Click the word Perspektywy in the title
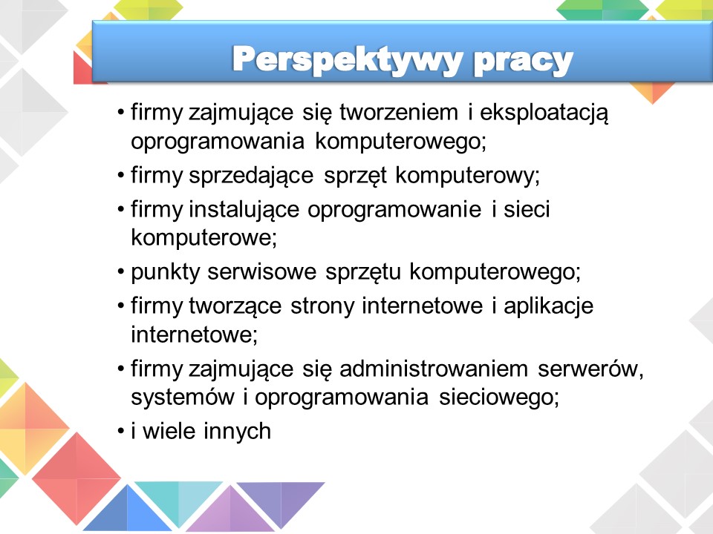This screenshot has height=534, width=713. [347, 60]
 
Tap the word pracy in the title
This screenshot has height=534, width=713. [523, 62]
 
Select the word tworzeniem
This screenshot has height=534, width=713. [399, 112]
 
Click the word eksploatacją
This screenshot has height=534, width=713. [544, 113]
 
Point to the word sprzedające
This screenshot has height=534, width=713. [251, 177]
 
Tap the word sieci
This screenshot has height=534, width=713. [527, 209]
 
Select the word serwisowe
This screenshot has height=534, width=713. [262, 272]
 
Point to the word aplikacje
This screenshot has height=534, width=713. [548, 307]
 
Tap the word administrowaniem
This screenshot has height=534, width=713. [434, 369]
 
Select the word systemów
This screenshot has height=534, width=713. [183, 398]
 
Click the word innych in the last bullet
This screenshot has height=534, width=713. [238, 432]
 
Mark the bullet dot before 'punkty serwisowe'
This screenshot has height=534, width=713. [120, 272]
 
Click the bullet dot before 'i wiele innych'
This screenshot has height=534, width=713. [120, 431]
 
